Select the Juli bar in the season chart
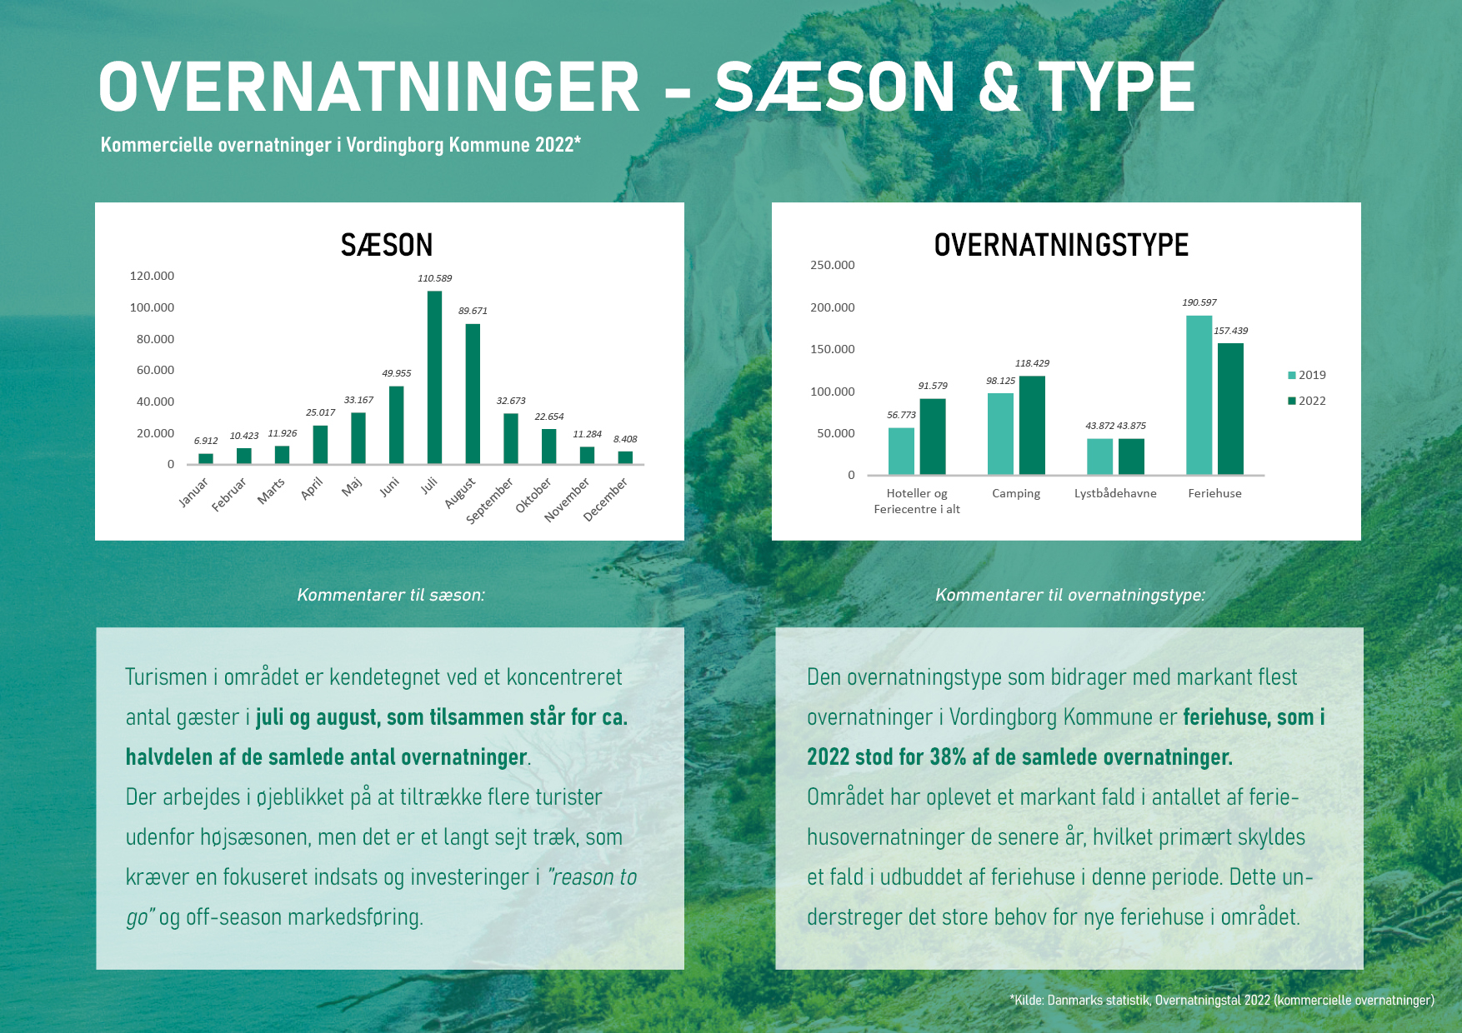(434, 377)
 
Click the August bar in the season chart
(473, 393)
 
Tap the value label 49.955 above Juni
(397, 373)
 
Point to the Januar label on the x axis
(193, 492)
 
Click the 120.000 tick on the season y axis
(152, 276)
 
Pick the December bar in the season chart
(625, 457)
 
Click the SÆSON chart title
(387, 245)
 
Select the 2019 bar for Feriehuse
(1199, 395)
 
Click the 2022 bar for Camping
(1032, 425)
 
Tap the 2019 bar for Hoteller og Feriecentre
(901, 451)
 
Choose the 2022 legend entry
(1307, 401)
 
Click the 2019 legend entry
(1307, 375)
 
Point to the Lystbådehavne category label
(1115, 493)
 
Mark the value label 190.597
(1199, 302)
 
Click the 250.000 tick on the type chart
(833, 265)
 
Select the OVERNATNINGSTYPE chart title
(1061, 245)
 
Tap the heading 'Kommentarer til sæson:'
(391, 595)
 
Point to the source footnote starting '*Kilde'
(1222, 1000)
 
